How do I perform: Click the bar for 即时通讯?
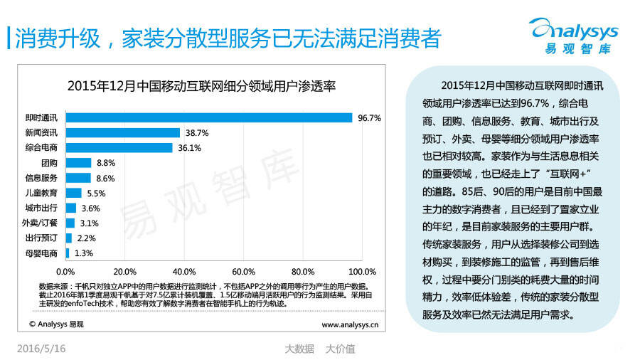209,117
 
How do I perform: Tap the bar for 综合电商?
119,147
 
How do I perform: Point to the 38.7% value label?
197,132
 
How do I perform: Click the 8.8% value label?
106,163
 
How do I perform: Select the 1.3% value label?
84,253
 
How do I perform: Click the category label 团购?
50,163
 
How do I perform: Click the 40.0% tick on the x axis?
184,271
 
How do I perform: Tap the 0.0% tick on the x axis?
65,271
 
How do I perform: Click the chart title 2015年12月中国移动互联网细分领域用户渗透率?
201,86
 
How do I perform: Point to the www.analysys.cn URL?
350,324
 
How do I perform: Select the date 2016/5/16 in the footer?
41,349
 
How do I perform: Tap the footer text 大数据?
299,349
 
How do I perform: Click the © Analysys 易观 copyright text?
56,324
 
